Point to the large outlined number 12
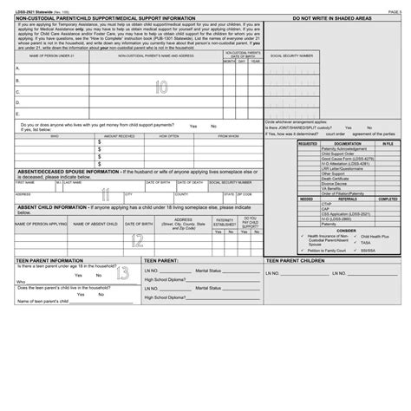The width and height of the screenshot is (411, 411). [x=137, y=240]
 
